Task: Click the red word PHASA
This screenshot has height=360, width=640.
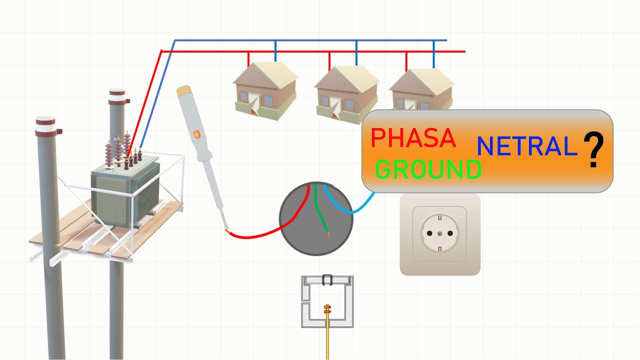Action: (x=413, y=138)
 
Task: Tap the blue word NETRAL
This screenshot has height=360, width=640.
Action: (x=526, y=146)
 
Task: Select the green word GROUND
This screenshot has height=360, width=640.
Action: (x=428, y=170)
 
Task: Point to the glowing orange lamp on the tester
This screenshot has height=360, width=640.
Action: (x=196, y=134)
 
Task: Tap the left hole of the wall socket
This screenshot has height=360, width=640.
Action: (x=429, y=233)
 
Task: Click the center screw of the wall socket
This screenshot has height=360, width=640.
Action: (x=439, y=234)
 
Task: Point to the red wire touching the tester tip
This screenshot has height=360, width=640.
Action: (x=255, y=235)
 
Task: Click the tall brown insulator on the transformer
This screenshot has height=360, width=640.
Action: (x=109, y=152)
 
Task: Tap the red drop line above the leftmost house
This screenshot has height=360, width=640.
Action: (x=249, y=58)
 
